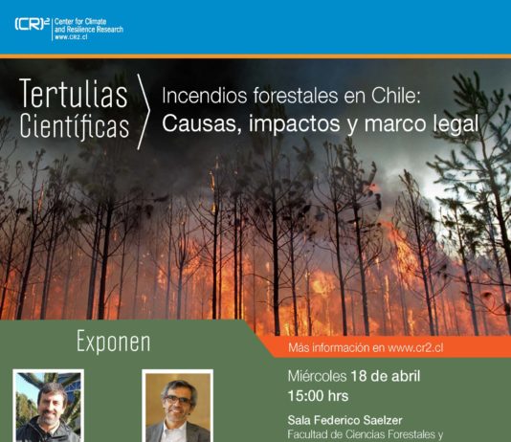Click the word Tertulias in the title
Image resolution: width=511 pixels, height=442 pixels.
click(x=73, y=96)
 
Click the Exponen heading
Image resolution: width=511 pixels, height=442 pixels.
click(x=113, y=342)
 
